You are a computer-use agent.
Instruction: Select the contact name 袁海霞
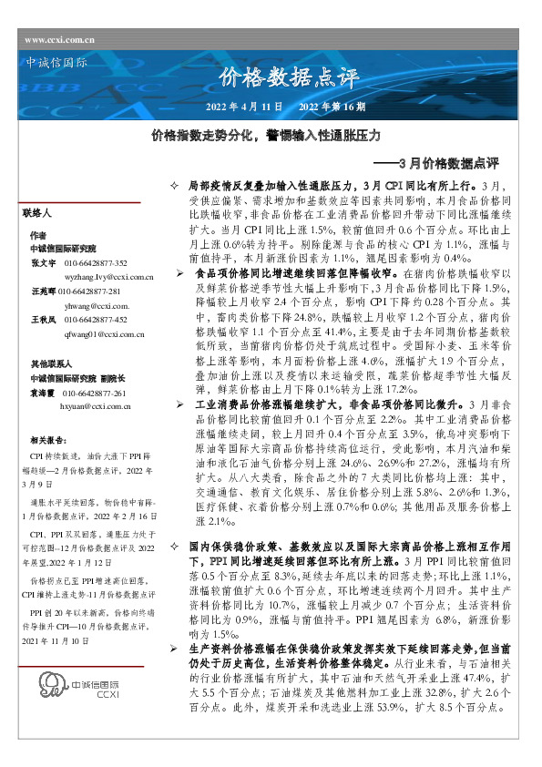pyautogui.click(x=42, y=393)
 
